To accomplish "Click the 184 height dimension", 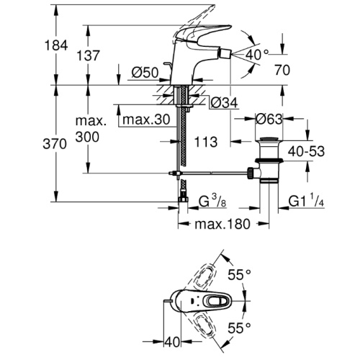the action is pyautogui.click(x=56, y=45).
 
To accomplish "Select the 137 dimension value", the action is pyautogui.click(x=88, y=55).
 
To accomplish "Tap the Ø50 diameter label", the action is pyautogui.click(x=145, y=72).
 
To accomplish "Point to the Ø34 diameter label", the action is pyautogui.click(x=224, y=103).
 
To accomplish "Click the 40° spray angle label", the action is pyautogui.click(x=256, y=55).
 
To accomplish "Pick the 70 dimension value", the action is pyautogui.click(x=282, y=70).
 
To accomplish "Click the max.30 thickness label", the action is pyautogui.click(x=146, y=120).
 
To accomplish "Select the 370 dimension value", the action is pyautogui.click(x=55, y=144).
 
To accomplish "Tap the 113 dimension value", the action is pyautogui.click(x=206, y=142).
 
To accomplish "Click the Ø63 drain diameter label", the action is pyautogui.click(x=269, y=119).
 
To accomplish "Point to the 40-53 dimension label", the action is pyautogui.click(x=306, y=151).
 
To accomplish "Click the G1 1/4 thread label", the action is pyautogui.click(x=306, y=200).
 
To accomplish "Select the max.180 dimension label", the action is pyautogui.click(x=222, y=224).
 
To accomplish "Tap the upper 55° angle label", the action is pyautogui.click(x=240, y=275).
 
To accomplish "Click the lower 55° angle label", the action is pyautogui.click(x=240, y=328).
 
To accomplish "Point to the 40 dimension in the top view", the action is pyautogui.click(x=172, y=342).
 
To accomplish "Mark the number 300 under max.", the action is pyautogui.click(x=87, y=137).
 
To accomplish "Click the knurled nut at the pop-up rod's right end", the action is pyautogui.click(x=250, y=173).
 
